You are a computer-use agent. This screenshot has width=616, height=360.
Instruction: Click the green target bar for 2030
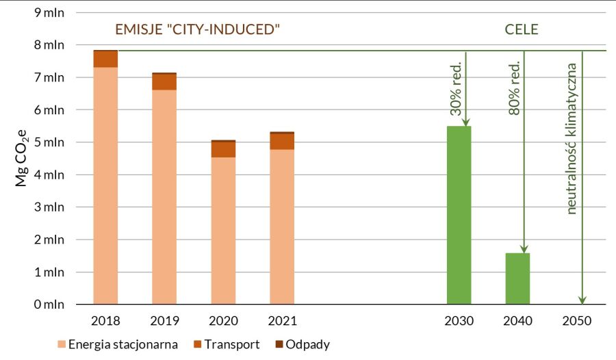[x=459, y=215]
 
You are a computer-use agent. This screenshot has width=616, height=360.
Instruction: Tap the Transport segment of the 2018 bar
[x=105, y=59]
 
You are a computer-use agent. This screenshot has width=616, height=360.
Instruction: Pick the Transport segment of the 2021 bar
[x=282, y=141]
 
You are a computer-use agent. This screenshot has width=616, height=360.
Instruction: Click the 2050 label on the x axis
[x=576, y=321]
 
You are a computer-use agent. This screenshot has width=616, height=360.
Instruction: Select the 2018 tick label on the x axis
[x=105, y=321]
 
